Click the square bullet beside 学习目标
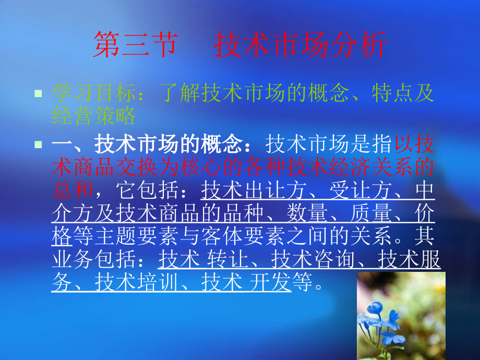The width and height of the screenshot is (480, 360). click(38, 94)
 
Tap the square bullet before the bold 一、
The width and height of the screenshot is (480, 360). click(38, 143)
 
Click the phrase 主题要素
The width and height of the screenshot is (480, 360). click(137, 237)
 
